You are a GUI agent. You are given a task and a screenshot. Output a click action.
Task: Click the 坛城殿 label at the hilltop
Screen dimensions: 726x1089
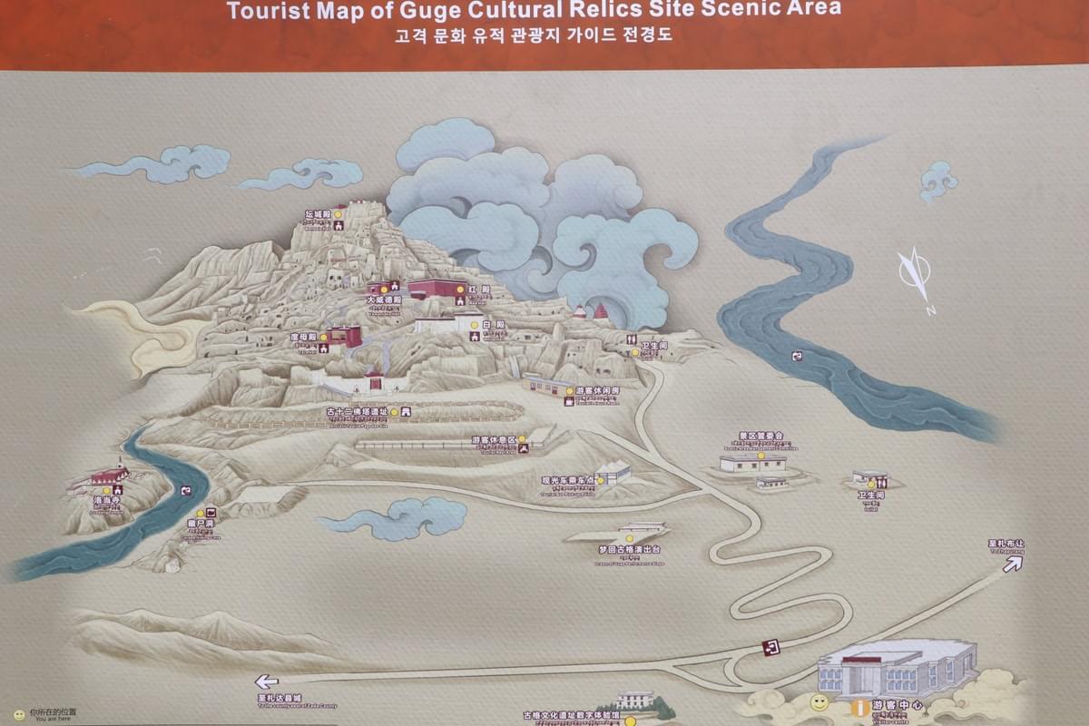pyautogui.click(x=318, y=214)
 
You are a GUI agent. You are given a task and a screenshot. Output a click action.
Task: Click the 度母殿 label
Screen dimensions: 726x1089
pyautogui.click(x=303, y=336)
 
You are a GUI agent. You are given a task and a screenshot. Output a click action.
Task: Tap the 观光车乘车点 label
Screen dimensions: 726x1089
pyautogui.click(x=566, y=480)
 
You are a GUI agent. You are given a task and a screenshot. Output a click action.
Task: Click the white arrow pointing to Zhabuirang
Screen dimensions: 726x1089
pyautogui.click(x=1011, y=563)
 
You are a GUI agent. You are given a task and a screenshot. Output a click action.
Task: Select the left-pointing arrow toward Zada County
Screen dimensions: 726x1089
pyautogui.click(x=266, y=682)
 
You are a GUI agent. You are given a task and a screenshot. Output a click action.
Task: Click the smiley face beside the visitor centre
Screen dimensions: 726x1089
pyautogui.click(x=819, y=702)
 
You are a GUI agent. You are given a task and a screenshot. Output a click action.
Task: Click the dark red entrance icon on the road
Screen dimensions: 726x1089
pyautogui.click(x=772, y=647)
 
